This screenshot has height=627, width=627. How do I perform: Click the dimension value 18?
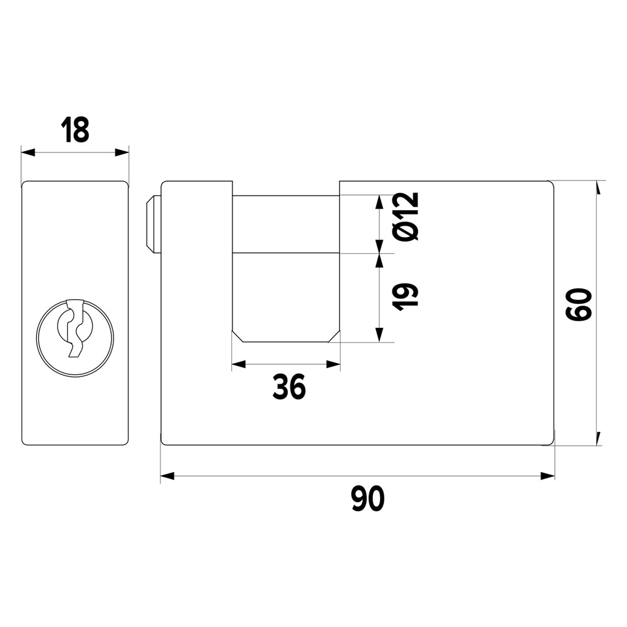[75, 130]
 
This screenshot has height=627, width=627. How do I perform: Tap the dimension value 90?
[368, 498]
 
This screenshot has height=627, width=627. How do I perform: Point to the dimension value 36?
[288, 387]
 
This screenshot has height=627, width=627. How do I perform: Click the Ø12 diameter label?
[406, 216]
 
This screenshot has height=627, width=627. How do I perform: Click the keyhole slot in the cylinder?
[75, 328]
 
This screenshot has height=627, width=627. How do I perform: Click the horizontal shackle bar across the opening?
[286, 224]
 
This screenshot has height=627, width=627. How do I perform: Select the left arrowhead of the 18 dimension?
[28, 152]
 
